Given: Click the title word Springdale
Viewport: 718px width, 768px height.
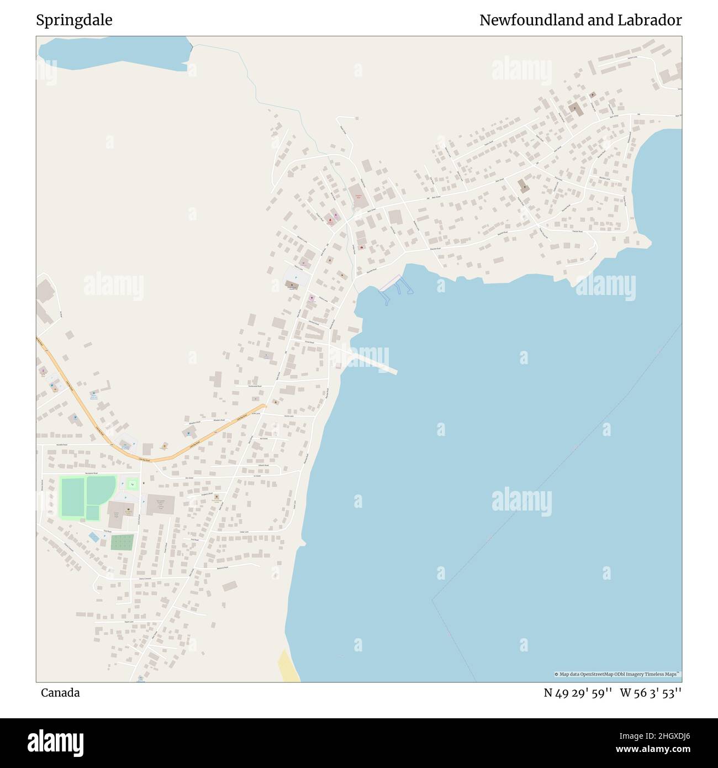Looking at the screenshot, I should click(74, 20).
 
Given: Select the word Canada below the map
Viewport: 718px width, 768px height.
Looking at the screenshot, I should click(60, 693).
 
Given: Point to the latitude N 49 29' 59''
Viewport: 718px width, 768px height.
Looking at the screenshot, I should click(578, 693).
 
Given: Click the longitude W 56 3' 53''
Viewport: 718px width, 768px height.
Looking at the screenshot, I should click(651, 693).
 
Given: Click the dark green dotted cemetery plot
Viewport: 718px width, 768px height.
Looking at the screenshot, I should click(122, 542).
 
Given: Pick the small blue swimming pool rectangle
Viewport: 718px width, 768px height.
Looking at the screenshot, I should click(95, 536).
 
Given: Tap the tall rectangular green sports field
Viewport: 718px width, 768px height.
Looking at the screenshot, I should click(72, 498).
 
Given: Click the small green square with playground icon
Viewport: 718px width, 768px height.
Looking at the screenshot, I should click(132, 485).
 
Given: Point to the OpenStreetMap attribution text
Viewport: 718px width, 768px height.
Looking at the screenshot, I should click(617, 674).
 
